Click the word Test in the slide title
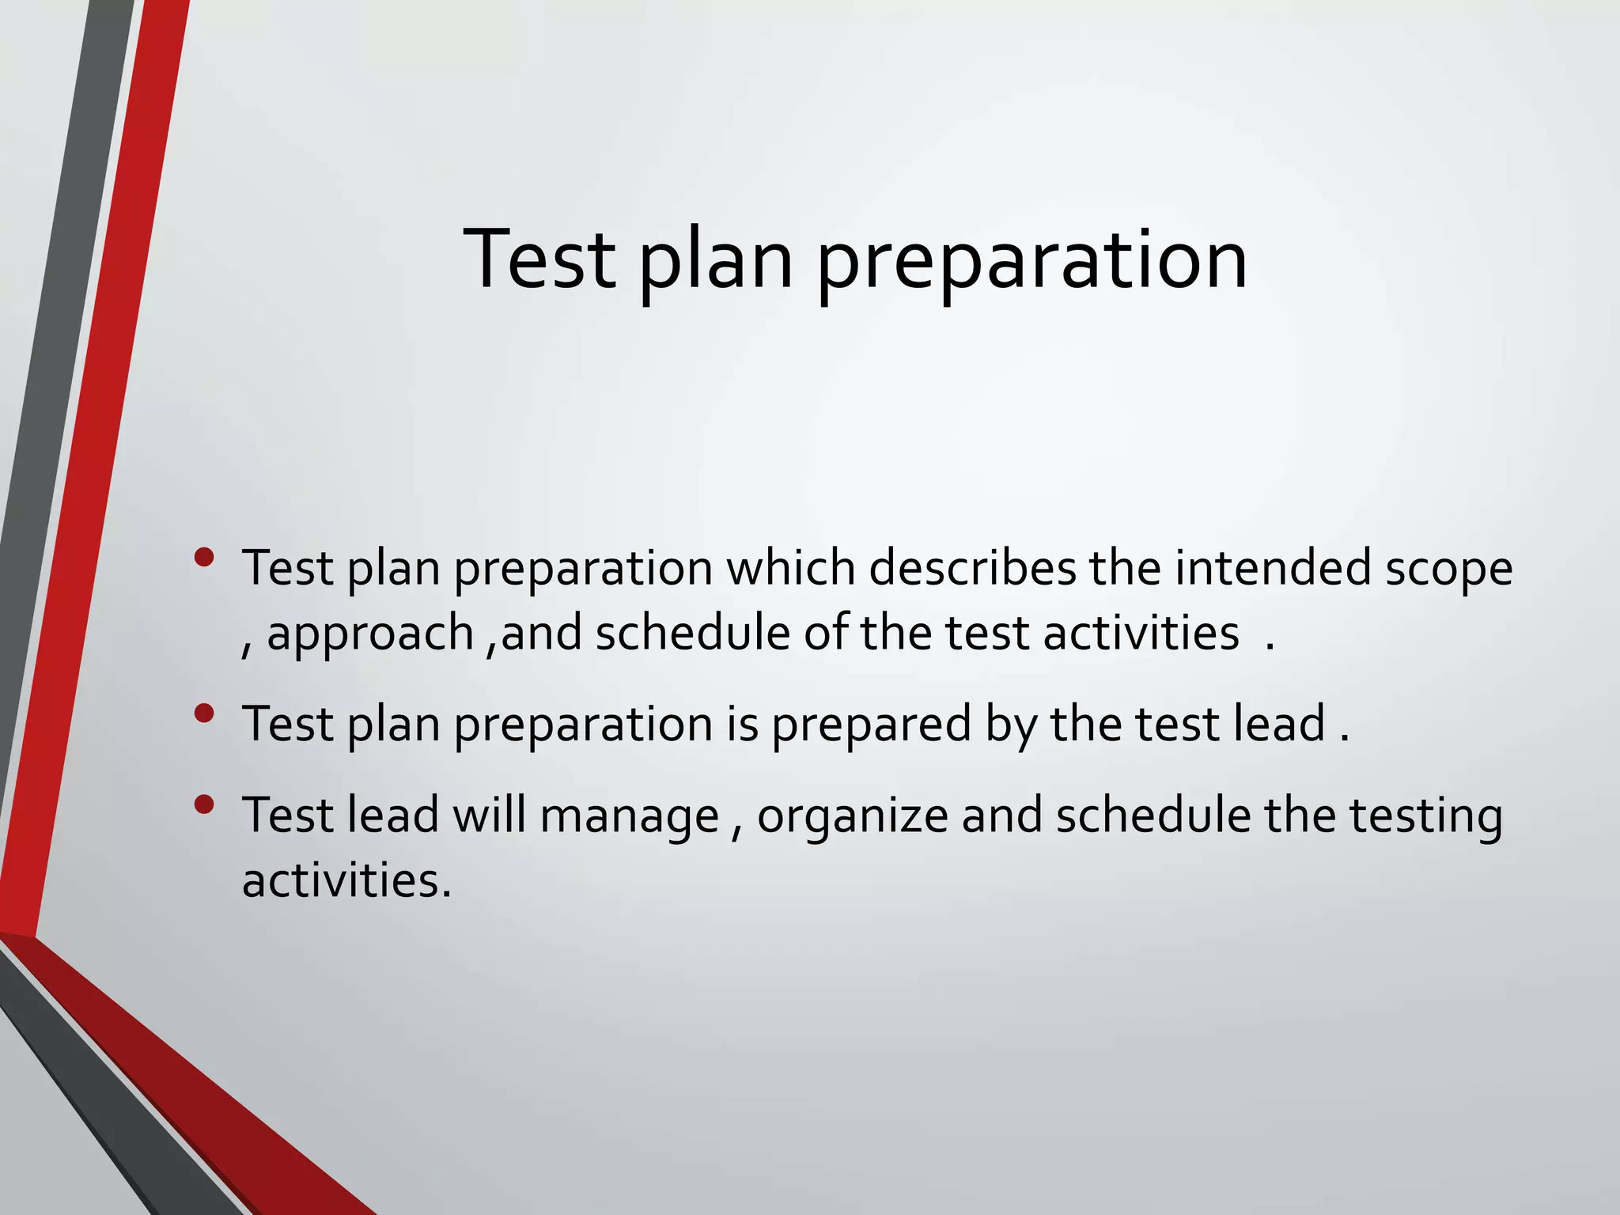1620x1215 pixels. click(539, 259)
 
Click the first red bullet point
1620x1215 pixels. click(204, 558)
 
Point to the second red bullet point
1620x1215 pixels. click(204, 713)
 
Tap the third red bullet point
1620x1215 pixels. click(204, 805)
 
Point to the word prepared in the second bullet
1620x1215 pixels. click(871, 725)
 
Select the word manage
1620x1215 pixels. click(630, 818)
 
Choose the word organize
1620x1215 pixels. click(852, 818)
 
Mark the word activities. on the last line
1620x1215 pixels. click(346, 880)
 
